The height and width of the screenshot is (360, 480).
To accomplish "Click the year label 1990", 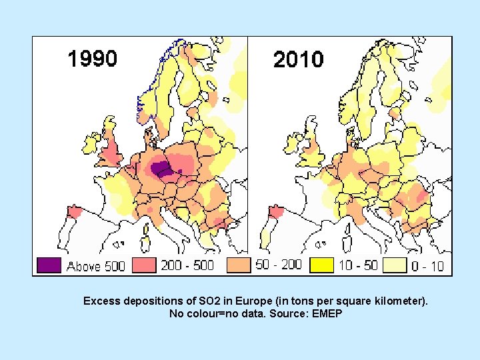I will pyautogui.click(x=92, y=59).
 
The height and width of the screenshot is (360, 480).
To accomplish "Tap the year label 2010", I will pyautogui.click(x=298, y=59).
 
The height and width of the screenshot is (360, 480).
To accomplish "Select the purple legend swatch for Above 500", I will pyautogui.click(x=49, y=265).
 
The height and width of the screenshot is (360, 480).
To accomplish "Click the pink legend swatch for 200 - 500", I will pyautogui.click(x=145, y=265).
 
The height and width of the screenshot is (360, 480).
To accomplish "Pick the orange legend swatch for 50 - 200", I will pyautogui.click(x=239, y=265).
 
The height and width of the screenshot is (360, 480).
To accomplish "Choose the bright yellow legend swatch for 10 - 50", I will pyautogui.click(x=322, y=265).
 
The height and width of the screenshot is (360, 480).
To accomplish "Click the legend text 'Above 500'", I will pyautogui.click(x=96, y=266).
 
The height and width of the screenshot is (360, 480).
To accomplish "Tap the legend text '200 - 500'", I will pyautogui.click(x=187, y=265).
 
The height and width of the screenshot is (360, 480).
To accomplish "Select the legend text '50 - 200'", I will pyautogui.click(x=279, y=265).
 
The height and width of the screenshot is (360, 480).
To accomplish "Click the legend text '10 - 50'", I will pyautogui.click(x=358, y=265).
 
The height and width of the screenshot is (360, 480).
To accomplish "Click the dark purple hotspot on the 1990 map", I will pyautogui.click(x=161, y=169).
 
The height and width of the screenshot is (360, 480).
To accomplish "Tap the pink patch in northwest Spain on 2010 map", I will pyautogui.click(x=274, y=211).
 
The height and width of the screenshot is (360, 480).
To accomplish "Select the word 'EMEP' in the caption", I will pyautogui.click(x=326, y=313).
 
